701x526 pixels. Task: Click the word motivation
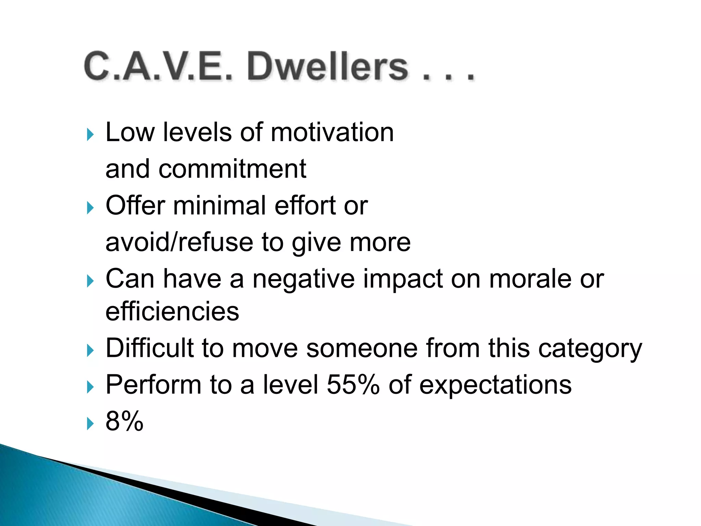[x=332, y=132]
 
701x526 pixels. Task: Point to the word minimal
[x=219, y=205]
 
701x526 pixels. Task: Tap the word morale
[x=530, y=279]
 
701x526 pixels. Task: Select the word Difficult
[x=150, y=348]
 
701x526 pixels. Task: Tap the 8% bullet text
[x=124, y=421]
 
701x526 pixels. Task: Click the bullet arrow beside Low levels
[x=90, y=135]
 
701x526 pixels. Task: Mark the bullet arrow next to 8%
[x=90, y=424]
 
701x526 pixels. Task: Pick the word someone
[x=362, y=348]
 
